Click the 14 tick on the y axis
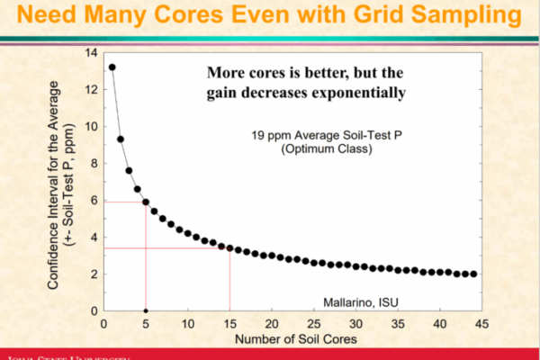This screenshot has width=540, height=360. click(x=91, y=53)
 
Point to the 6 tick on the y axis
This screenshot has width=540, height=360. click(x=94, y=201)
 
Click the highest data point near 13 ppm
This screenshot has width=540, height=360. click(x=112, y=67)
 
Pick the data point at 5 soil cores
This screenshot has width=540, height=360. click(x=146, y=202)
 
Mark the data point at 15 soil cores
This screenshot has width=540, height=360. click(x=229, y=247)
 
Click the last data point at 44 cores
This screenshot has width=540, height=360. click(x=473, y=274)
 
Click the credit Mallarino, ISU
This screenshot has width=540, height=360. click(x=362, y=301)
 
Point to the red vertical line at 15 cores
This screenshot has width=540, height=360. click(x=229, y=279)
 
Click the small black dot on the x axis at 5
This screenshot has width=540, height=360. click(x=146, y=310)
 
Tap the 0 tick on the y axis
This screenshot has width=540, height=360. click(x=94, y=311)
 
